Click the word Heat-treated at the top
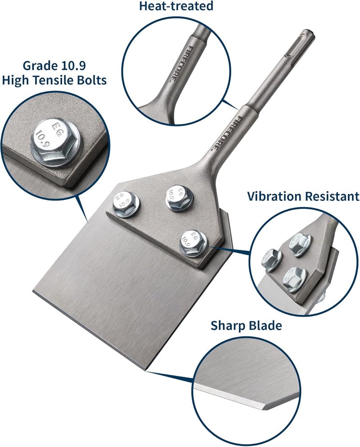pos(176,6)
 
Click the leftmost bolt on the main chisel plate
pos(125,203)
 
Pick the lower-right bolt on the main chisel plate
pos(193,243)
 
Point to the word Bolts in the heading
pos(92,81)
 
